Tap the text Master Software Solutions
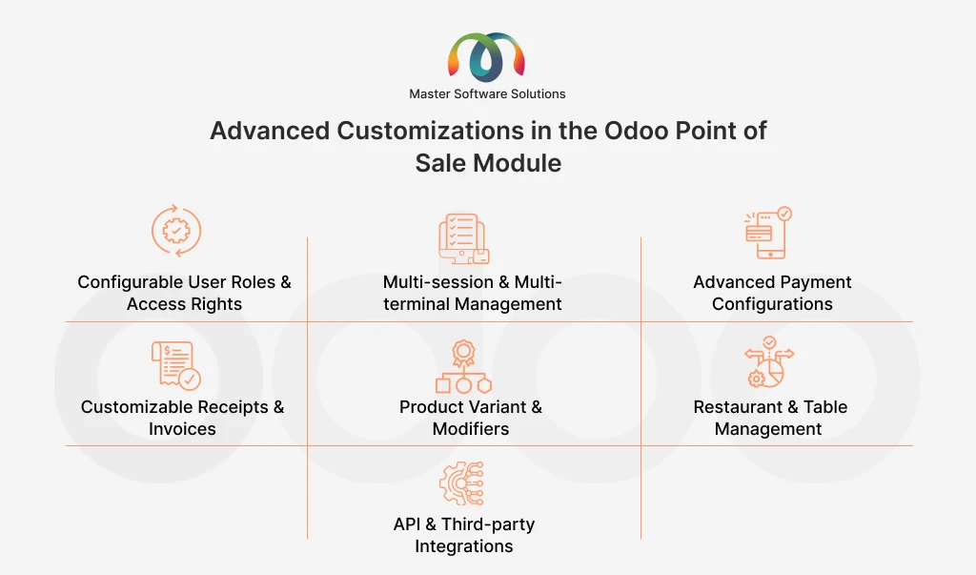click(x=487, y=94)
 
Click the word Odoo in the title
click(x=639, y=131)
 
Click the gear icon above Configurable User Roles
click(x=177, y=231)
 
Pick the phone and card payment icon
click(x=768, y=233)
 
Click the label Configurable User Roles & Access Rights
click(x=184, y=294)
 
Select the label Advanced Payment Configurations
click(x=772, y=294)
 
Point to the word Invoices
click(x=182, y=429)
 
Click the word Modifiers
click(x=471, y=429)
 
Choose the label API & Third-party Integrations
click(x=464, y=535)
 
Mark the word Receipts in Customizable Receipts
click(x=223, y=407)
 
